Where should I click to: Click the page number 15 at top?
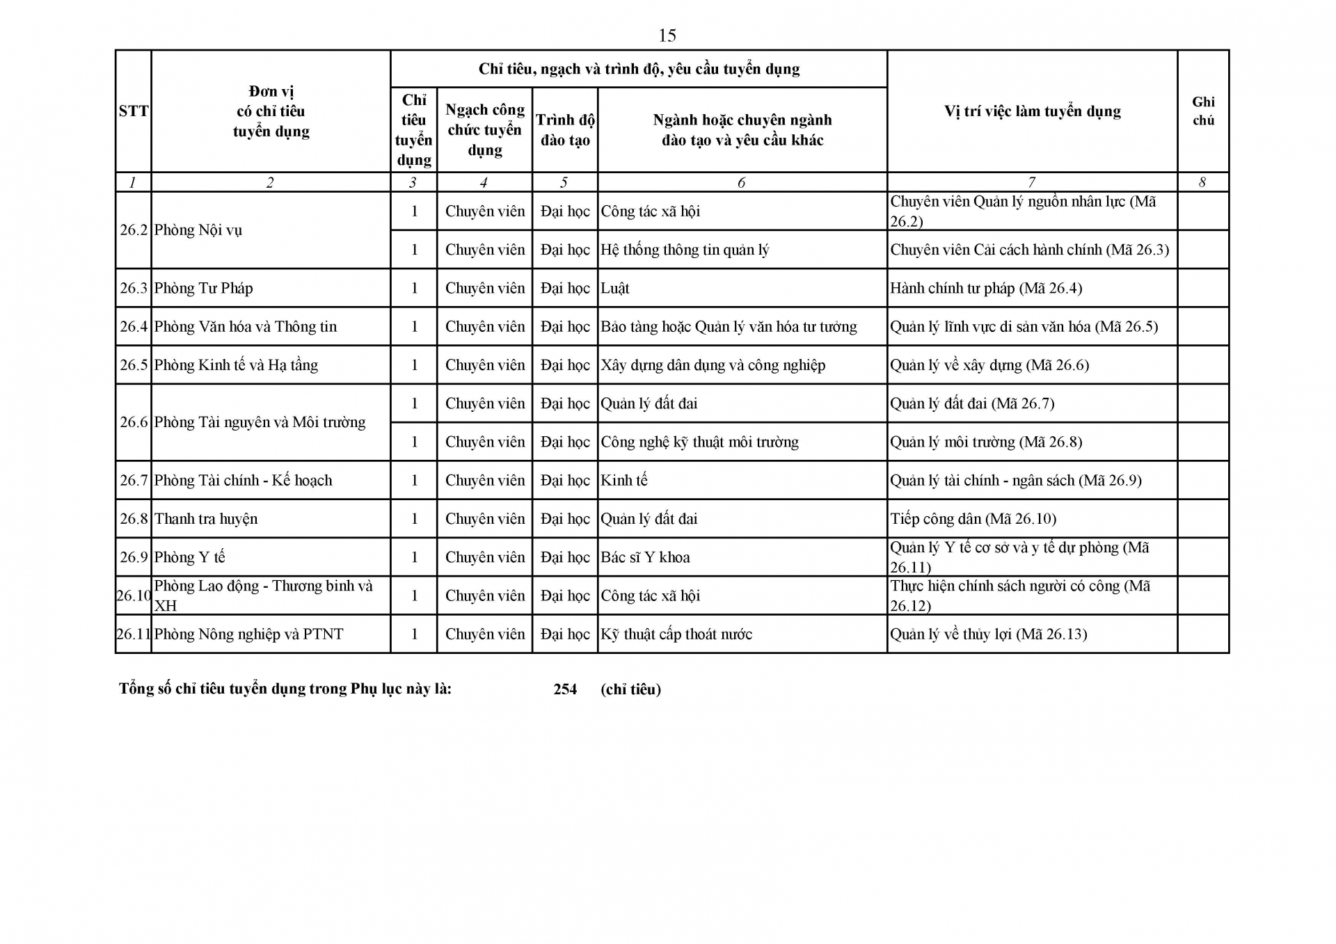click(667, 35)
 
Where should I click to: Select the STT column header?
click(133, 111)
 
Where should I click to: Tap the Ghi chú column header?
click(1203, 111)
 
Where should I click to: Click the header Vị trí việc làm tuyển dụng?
click(1032, 111)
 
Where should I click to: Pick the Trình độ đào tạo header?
click(565, 130)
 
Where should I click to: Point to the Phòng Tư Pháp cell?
click(203, 288)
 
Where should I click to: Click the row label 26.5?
click(134, 365)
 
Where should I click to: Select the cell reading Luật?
click(615, 288)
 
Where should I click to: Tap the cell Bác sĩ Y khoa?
click(645, 557)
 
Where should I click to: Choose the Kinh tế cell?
click(623, 480)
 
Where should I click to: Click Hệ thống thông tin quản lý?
click(685, 250)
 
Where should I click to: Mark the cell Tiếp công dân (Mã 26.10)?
click(973, 519)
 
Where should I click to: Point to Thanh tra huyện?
click(206, 519)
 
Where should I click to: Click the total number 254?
click(565, 689)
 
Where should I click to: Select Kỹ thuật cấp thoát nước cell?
click(676, 634)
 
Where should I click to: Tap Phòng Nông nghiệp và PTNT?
click(248, 634)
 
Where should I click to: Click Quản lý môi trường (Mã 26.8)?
click(986, 442)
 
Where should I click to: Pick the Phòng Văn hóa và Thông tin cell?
click(245, 326)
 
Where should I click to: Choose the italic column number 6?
click(741, 182)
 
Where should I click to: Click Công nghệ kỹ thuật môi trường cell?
click(699, 442)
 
